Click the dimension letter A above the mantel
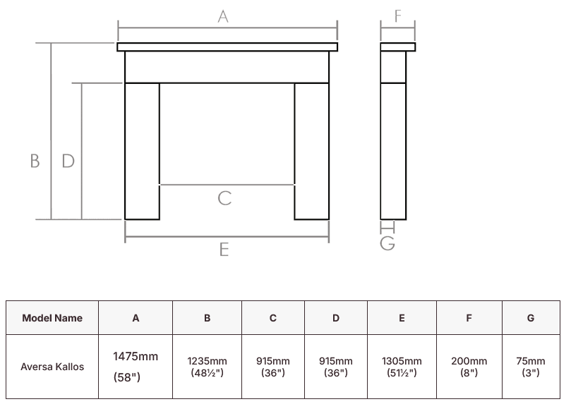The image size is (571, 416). [223, 16]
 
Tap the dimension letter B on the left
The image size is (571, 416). [35, 161]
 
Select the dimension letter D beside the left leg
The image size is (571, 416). [68, 161]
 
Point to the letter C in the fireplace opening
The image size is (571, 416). [224, 198]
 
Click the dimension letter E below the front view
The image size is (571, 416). [224, 250]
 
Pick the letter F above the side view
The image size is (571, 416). [398, 16]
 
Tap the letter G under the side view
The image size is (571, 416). [387, 243]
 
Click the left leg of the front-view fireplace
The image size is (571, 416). [142, 151]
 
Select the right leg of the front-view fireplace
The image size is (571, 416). [311, 151]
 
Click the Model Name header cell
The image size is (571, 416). [52, 318]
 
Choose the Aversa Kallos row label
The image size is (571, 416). [52, 367]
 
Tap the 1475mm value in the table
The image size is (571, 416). [136, 357]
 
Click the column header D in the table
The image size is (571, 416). [336, 318]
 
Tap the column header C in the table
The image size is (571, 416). [273, 318]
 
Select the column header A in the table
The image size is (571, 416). [136, 318]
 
